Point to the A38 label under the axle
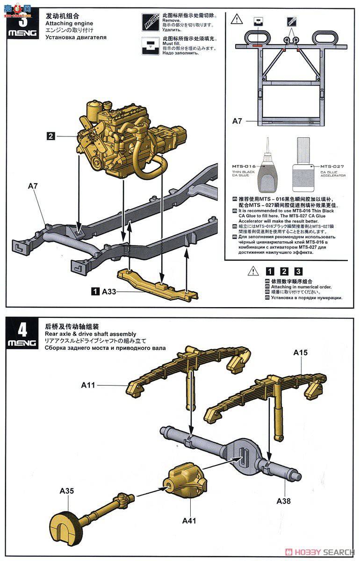(284, 501)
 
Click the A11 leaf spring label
(88, 385)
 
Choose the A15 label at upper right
(301, 352)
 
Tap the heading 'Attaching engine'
(69, 23)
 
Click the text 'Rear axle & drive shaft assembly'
(91, 334)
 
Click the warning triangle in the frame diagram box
(238, 20)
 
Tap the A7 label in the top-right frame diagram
(238, 121)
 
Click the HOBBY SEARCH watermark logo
(320, 552)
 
